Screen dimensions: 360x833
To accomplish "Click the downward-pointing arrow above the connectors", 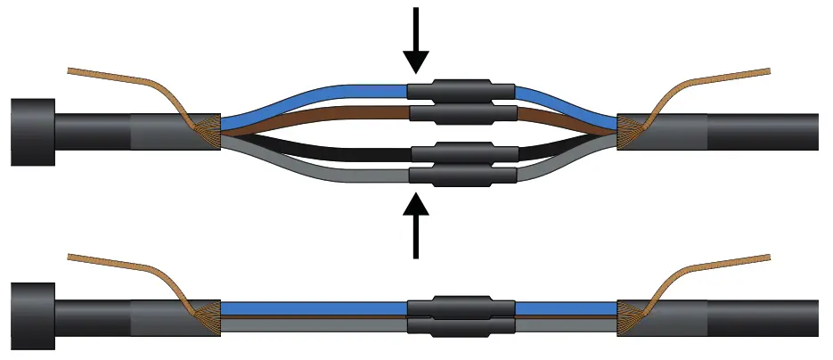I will pyautogui.click(x=415, y=40).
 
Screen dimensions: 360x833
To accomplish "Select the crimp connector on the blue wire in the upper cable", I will pyautogui.click(x=461, y=90).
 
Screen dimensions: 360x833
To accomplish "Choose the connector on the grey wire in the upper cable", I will pyautogui.click(x=461, y=174).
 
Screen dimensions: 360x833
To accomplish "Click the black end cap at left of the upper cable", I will pyautogui.click(x=32, y=132).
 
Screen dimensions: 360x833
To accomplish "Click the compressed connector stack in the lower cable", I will pyautogui.click(x=461, y=316).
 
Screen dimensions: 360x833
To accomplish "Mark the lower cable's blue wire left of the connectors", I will pyautogui.click(x=312, y=307).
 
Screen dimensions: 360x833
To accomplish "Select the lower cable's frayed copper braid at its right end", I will pyautogui.click(x=630, y=315).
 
